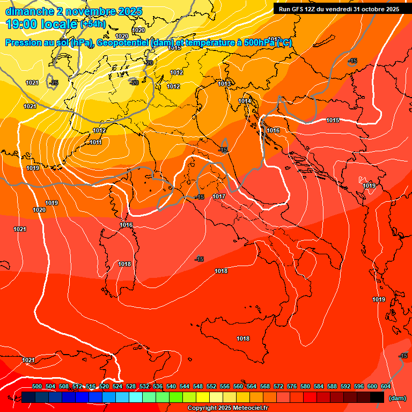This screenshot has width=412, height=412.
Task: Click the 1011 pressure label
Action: [x=96, y=142]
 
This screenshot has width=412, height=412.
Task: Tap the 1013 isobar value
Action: [x=224, y=84]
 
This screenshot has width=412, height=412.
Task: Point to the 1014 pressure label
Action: [x=245, y=101]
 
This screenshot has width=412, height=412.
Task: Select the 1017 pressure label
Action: [x=219, y=197]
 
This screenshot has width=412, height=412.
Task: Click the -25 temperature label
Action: [x=54, y=83]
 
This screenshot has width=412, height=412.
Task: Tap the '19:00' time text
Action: [x=23, y=24]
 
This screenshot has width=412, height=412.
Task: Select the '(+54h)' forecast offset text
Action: [x=93, y=25]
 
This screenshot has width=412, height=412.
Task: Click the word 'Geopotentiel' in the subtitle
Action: [x=123, y=43]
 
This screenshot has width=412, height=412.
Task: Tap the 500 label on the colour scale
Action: [x=37, y=386]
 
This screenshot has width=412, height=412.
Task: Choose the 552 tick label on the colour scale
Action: [x=211, y=386]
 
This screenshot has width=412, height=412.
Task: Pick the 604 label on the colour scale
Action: [x=386, y=386]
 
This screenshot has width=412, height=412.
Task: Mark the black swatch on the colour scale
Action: [x=377, y=397]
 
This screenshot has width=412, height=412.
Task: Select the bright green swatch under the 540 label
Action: [x=176, y=397]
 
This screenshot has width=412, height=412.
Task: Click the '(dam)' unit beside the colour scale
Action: [x=397, y=398]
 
